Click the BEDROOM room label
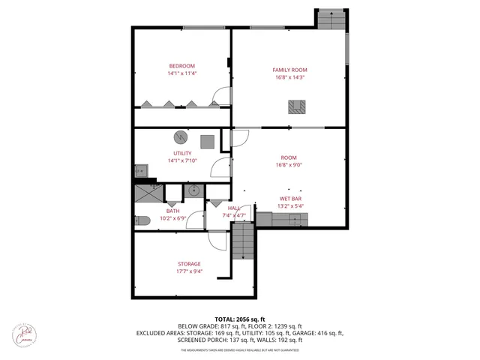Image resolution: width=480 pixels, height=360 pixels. [181, 65]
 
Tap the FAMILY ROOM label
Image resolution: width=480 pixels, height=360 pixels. [289, 70]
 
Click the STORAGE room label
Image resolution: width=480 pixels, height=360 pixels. [189, 263]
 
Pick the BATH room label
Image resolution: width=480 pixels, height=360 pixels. [172, 211]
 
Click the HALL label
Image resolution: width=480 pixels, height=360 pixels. [233, 208]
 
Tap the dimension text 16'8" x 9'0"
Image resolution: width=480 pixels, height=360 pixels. [289, 165]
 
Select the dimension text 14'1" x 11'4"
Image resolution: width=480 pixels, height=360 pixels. [181, 73]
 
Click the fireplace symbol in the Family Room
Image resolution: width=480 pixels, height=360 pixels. [297, 107]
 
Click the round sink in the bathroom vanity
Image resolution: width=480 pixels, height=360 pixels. [193, 190]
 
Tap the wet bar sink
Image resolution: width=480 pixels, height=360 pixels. [298, 220]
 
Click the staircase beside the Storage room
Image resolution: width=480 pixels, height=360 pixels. [243, 244]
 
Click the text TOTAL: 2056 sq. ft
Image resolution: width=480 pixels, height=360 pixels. [241, 319]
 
